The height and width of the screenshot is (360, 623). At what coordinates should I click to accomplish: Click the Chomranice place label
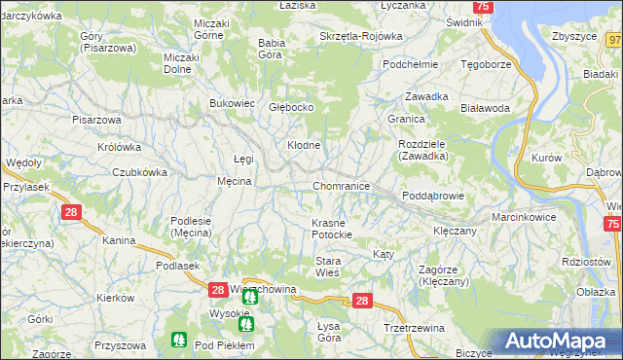tap(341, 186)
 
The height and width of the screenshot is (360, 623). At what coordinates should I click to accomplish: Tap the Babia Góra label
tap(275, 49)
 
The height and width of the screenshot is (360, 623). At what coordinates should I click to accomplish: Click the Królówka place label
tap(119, 148)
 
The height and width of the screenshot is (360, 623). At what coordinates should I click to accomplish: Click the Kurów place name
tap(547, 158)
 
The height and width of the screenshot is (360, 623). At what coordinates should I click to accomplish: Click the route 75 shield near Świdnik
tap(484, 7)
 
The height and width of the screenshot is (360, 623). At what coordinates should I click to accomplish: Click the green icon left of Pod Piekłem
tap(178, 340)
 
